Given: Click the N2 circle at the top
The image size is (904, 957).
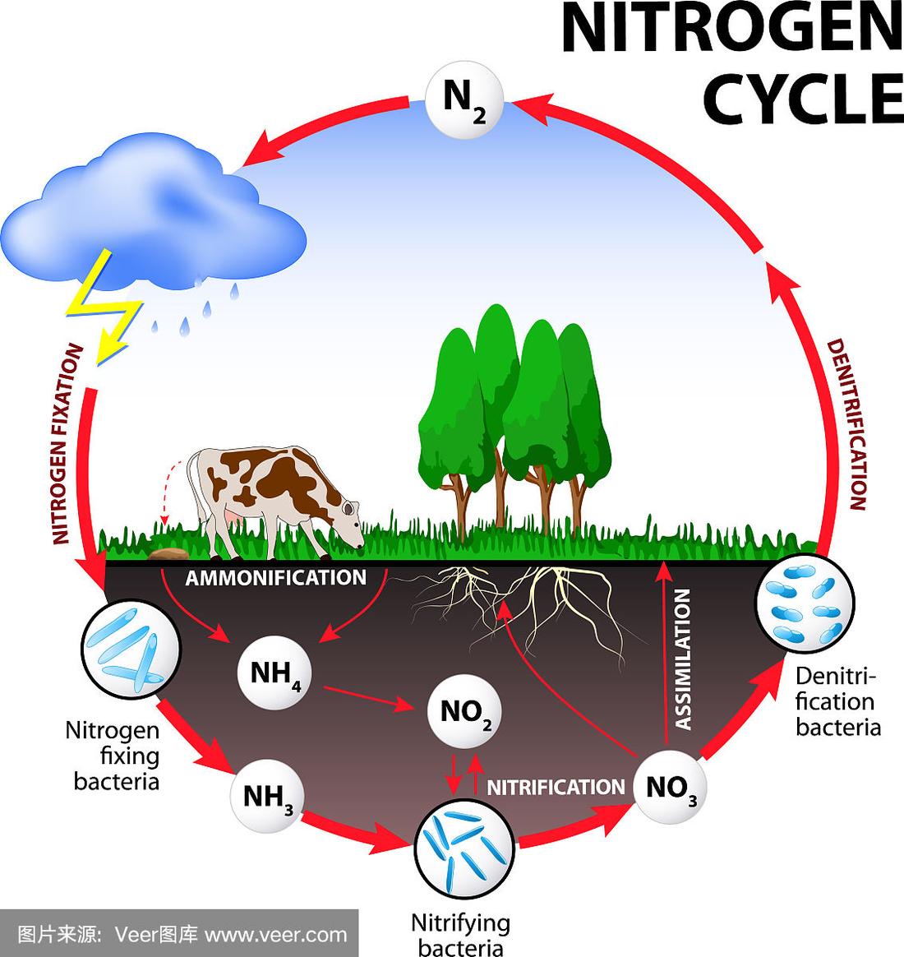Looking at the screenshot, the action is coord(464,100).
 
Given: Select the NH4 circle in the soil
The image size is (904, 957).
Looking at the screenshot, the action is coord(274,673).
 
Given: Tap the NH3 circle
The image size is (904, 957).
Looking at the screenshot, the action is coord(266,796).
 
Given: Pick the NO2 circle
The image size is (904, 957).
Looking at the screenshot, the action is coord(465,712).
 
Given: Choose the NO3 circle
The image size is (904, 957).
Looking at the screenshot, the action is coord(670,788).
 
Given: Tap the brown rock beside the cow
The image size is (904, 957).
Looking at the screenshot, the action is coord(167,553).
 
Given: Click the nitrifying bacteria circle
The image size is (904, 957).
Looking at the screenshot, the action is coord(464,848).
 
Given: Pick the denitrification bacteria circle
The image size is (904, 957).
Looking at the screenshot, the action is coord(805,603).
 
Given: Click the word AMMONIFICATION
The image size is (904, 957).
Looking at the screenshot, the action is coord(275,578).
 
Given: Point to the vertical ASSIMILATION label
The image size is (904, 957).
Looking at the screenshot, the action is coord(683,659).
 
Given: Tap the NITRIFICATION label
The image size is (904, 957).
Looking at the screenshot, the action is coord(556,788).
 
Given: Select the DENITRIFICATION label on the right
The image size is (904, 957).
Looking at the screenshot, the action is coord(846,425).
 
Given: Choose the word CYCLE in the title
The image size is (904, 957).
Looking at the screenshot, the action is coord(804,99).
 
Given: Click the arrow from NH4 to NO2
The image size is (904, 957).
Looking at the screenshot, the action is coord(368,698).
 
